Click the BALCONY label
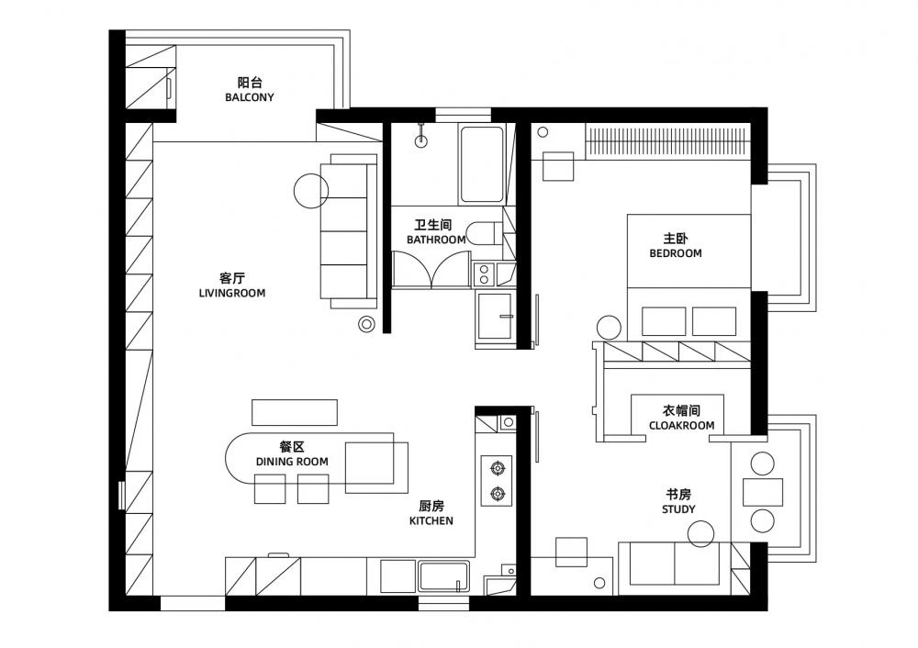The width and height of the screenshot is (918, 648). pyautogui.click(x=250, y=97)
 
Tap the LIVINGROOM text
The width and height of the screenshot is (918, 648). pyautogui.click(x=232, y=293)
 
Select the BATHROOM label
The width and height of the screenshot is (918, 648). pyautogui.click(x=436, y=240)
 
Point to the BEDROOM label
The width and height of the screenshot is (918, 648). pyautogui.click(x=676, y=253)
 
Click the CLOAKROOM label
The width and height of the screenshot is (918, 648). pyautogui.click(x=681, y=426)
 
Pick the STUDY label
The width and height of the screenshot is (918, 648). pyautogui.click(x=678, y=509)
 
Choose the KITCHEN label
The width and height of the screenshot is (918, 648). pyautogui.click(x=431, y=520)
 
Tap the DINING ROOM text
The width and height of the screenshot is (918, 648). pyautogui.click(x=292, y=462)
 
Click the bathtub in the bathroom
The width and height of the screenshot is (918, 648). pyautogui.click(x=482, y=164)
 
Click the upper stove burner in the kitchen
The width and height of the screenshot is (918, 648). pyautogui.click(x=497, y=468)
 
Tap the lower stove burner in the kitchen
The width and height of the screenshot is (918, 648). pyautogui.click(x=497, y=494)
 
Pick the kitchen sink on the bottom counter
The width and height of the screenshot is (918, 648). pyautogui.click(x=443, y=576)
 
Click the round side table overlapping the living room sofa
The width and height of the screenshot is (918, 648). pyautogui.click(x=311, y=191)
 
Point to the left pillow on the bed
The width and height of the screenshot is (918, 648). pyautogui.click(x=664, y=321)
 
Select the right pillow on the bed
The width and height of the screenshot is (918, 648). pyautogui.click(x=714, y=321)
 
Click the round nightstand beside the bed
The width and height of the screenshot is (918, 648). pyautogui.click(x=609, y=328)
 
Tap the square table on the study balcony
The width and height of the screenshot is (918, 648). pyautogui.click(x=763, y=492)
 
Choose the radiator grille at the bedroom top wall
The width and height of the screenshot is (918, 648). pyautogui.click(x=668, y=141)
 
